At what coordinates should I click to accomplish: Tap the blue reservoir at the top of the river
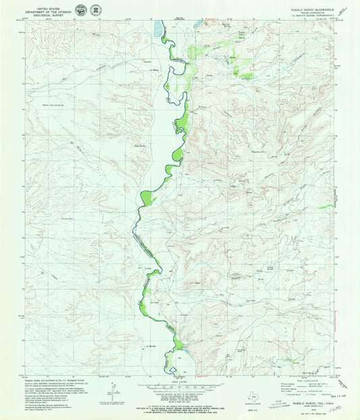point(158,29)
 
